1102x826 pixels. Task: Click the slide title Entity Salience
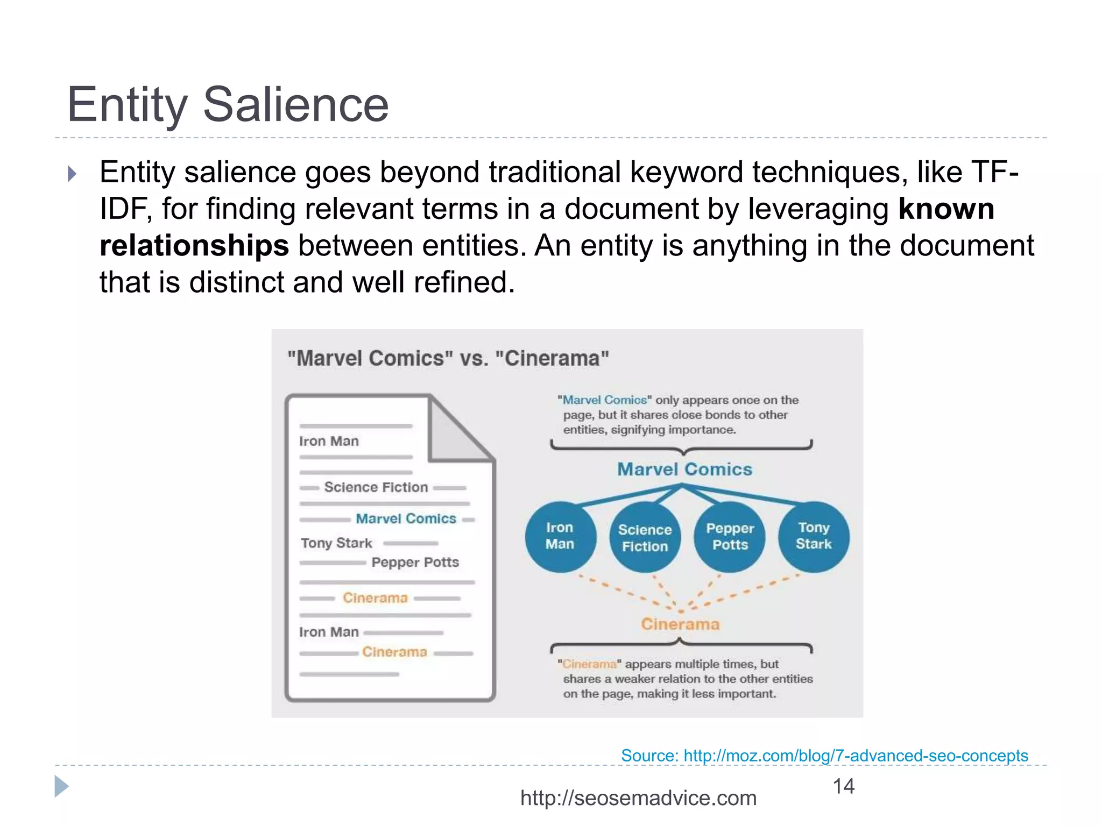point(227,104)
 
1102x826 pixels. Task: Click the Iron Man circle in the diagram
point(560,537)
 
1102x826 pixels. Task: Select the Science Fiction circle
point(645,538)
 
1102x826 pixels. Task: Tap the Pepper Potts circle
point(730,537)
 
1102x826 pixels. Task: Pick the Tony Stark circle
point(814,536)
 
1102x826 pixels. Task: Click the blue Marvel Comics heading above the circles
point(684,469)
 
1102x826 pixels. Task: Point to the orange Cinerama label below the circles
point(680,624)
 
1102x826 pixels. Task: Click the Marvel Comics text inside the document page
point(406,519)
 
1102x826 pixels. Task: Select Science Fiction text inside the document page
point(376,487)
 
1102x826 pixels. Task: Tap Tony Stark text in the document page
point(336,543)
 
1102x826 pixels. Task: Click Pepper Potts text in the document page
point(415,562)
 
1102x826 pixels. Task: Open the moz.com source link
point(824,756)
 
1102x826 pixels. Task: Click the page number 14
point(843,786)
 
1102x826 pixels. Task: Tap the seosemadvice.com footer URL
point(638,798)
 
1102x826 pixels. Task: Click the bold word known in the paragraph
point(946,209)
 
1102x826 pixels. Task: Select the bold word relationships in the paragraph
point(194,246)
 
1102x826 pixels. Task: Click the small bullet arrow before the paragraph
point(72,174)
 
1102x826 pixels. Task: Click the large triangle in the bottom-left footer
point(61,787)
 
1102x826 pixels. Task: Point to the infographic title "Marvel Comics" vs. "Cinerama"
point(448,359)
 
